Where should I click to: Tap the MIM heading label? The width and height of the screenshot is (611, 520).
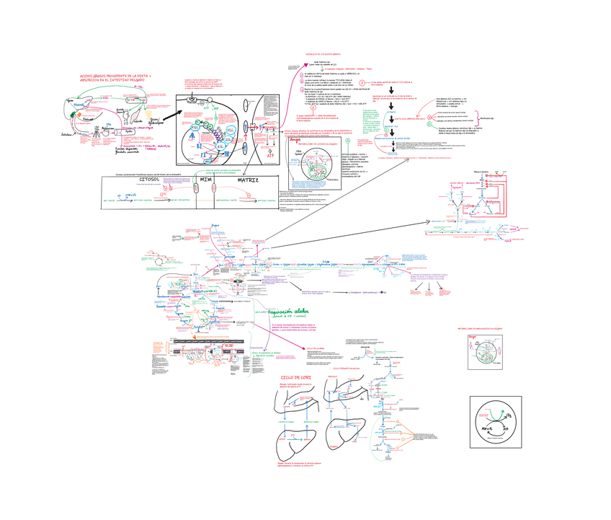[205, 181]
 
